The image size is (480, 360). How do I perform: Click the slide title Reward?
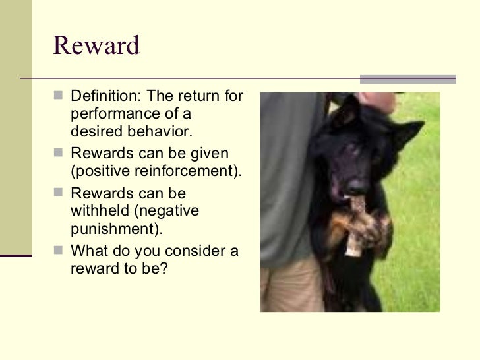tap(96, 46)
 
